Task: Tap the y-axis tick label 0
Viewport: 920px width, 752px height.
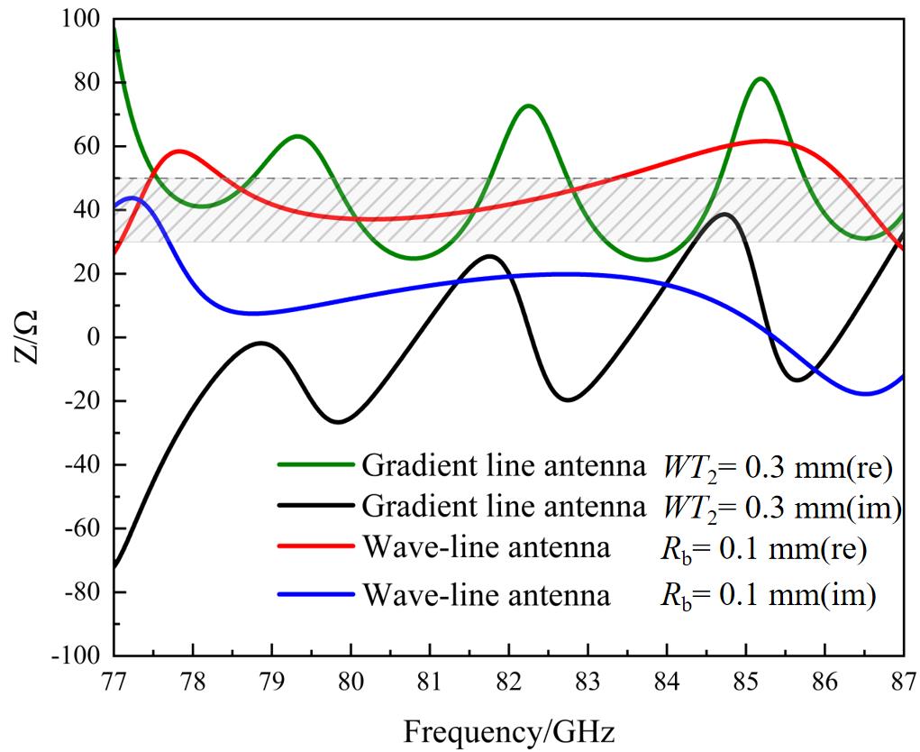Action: (x=92, y=337)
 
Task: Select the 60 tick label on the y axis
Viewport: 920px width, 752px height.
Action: (x=87, y=146)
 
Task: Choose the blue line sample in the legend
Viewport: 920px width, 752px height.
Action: (x=315, y=594)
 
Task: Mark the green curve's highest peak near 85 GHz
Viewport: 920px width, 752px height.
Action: (x=761, y=78)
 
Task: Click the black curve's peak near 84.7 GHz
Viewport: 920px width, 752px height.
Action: (x=724, y=214)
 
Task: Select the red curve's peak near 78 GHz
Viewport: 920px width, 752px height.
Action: (x=179, y=151)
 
